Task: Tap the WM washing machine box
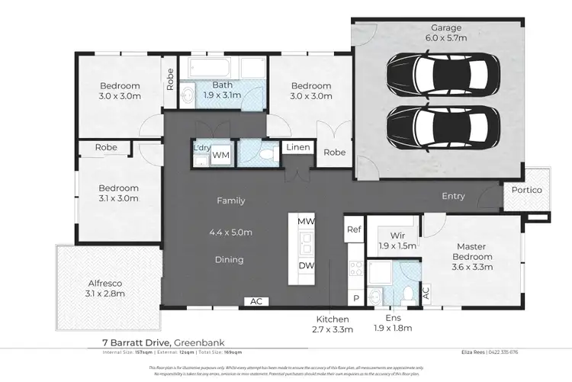(220, 155)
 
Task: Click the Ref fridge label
(353, 229)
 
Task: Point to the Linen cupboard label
(295, 148)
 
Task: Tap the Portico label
(527, 191)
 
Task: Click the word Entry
(453, 196)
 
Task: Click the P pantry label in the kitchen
(355, 298)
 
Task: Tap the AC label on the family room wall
(255, 301)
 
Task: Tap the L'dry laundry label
(201, 148)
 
